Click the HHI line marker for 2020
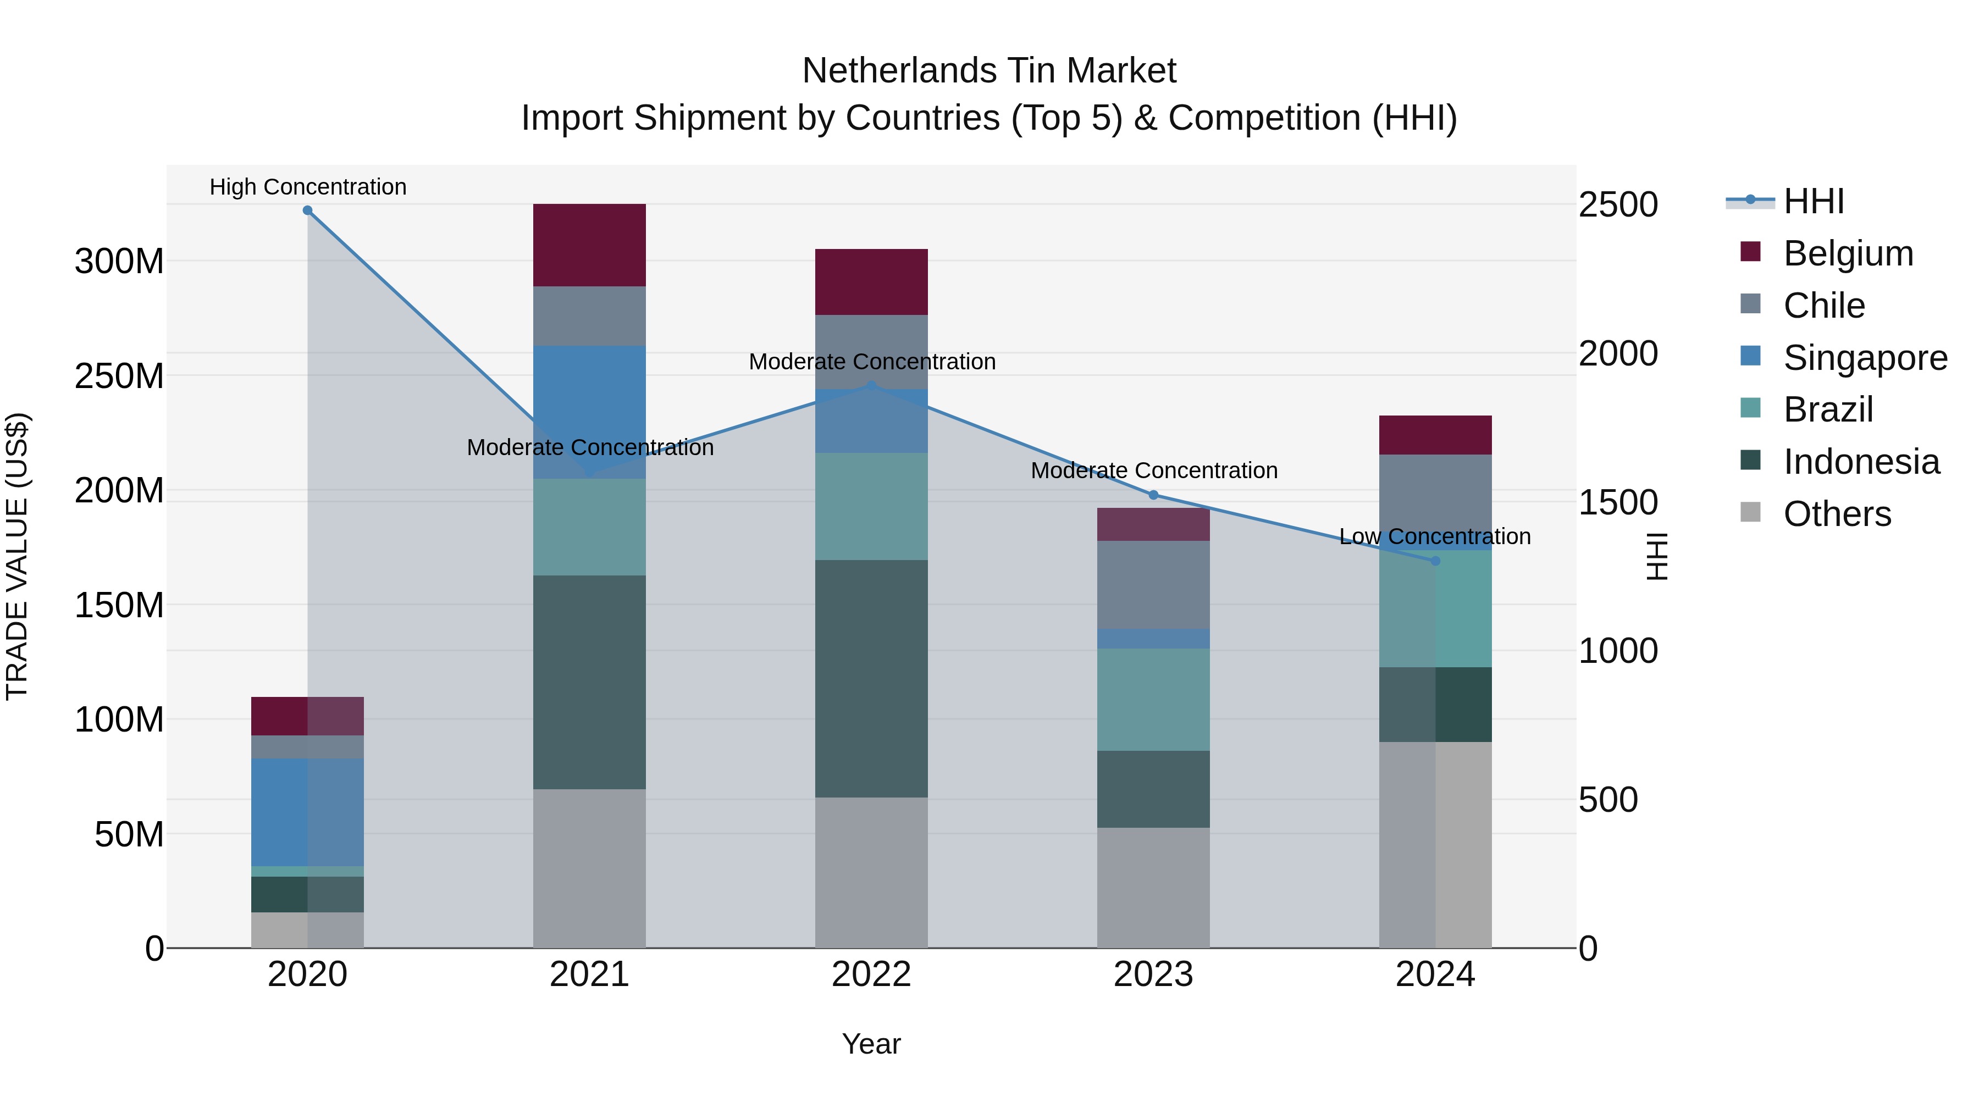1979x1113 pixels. pos(307,211)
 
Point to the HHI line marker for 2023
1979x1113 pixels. pos(1153,495)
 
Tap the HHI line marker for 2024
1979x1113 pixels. pos(1435,561)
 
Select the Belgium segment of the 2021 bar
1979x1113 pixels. pos(589,245)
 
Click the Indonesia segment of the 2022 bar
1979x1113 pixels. pos(871,678)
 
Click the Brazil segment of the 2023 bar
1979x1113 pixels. pos(1153,699)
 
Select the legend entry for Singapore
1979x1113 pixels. pos(1865,358)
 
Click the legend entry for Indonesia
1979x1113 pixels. pos(1861,462)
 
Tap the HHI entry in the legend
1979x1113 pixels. pos(1813,201)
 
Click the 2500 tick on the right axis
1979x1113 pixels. pos(1618,205)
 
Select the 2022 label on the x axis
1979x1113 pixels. pos(871,974)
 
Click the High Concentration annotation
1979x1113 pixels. pos(308,187)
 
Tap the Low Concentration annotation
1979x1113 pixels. pos(1434,536)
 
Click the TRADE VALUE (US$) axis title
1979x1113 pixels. pos(18,556)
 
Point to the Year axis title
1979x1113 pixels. pos(871,1044)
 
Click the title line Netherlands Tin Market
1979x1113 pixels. pos(989,71)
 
